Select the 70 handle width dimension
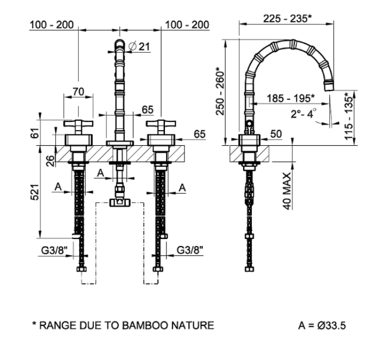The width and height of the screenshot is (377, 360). [x=79, y=92]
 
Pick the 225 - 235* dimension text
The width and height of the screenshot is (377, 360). [x=287, y=18]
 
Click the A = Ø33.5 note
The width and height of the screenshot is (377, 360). [x=324, y=326]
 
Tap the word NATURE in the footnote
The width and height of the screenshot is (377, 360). [x=193, y=326]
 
